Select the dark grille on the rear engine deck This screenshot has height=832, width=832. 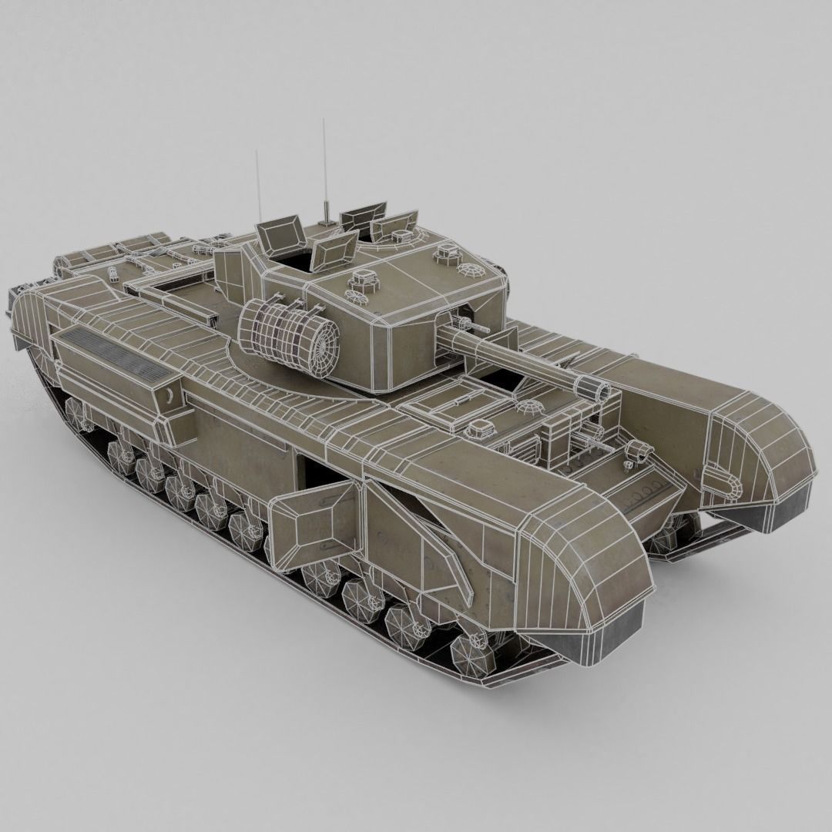tap(116, 351)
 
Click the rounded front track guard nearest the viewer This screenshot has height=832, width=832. tap(585, 570)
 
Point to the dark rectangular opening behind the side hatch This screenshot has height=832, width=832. tap(316, 478)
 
